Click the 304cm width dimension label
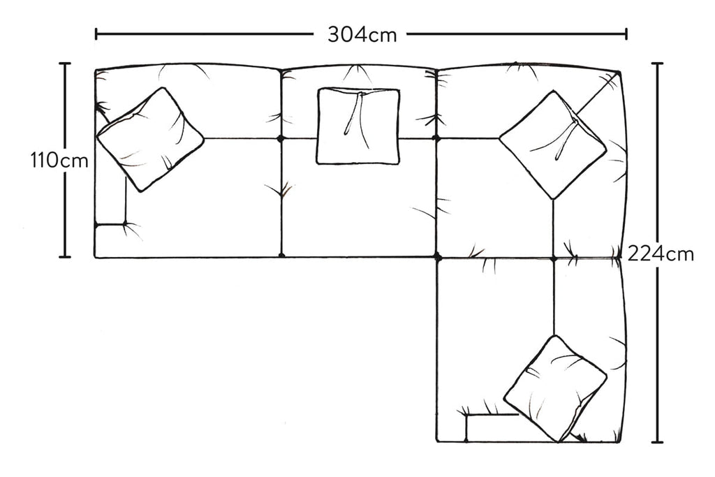coord(362,34)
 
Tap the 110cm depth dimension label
coord(59,161)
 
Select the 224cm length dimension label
coord(661,254)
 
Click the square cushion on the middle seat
coord(358,126)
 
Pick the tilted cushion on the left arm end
coord(150,139)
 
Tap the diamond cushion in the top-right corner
coord(553,145)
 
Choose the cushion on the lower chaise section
coord(555,388)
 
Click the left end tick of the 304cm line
coord(96,34)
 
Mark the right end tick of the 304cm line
coord(626,34)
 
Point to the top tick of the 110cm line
coord(65,64)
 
